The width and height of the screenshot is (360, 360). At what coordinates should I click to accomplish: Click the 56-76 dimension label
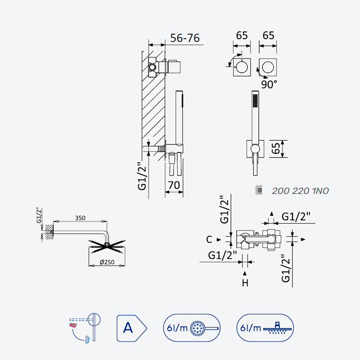pos(185,38)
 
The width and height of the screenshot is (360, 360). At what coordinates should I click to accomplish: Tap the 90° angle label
pos(269,85)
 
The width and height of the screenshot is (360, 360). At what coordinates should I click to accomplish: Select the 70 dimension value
pos(174,185)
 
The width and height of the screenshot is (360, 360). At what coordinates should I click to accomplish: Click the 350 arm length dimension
pos(80,218)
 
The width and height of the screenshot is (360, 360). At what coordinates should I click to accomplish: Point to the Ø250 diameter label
pos(107,262)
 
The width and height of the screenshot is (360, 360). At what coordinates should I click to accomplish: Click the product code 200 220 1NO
pos(300,191)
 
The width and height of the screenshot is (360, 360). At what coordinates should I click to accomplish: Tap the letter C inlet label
pos(209,239)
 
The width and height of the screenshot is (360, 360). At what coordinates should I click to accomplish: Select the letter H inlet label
pos(245,283)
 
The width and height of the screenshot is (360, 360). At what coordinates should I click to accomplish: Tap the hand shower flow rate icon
pos(192,328)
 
